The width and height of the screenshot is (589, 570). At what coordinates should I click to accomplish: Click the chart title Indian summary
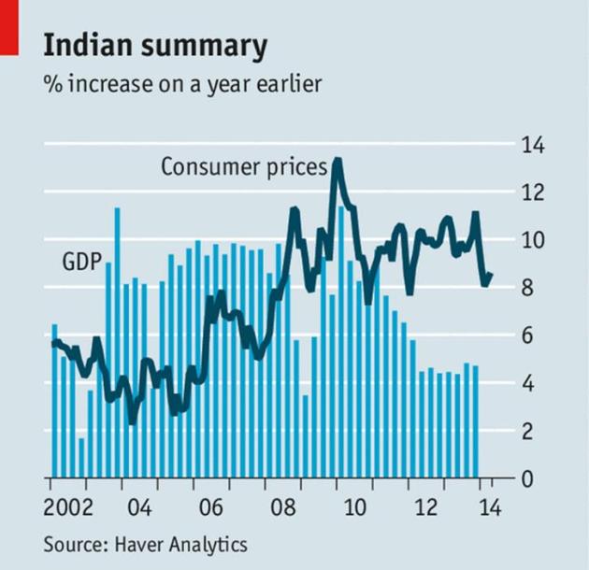tap(154, 47)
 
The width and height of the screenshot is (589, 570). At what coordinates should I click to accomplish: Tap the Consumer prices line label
tap(243, 168)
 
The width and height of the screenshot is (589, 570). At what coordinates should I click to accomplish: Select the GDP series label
tap(81, 262)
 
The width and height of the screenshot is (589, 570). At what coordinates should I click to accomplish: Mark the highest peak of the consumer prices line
tap(338, 161)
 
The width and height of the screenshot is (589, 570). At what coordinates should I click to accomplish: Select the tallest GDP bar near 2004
tap(117, 210)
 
